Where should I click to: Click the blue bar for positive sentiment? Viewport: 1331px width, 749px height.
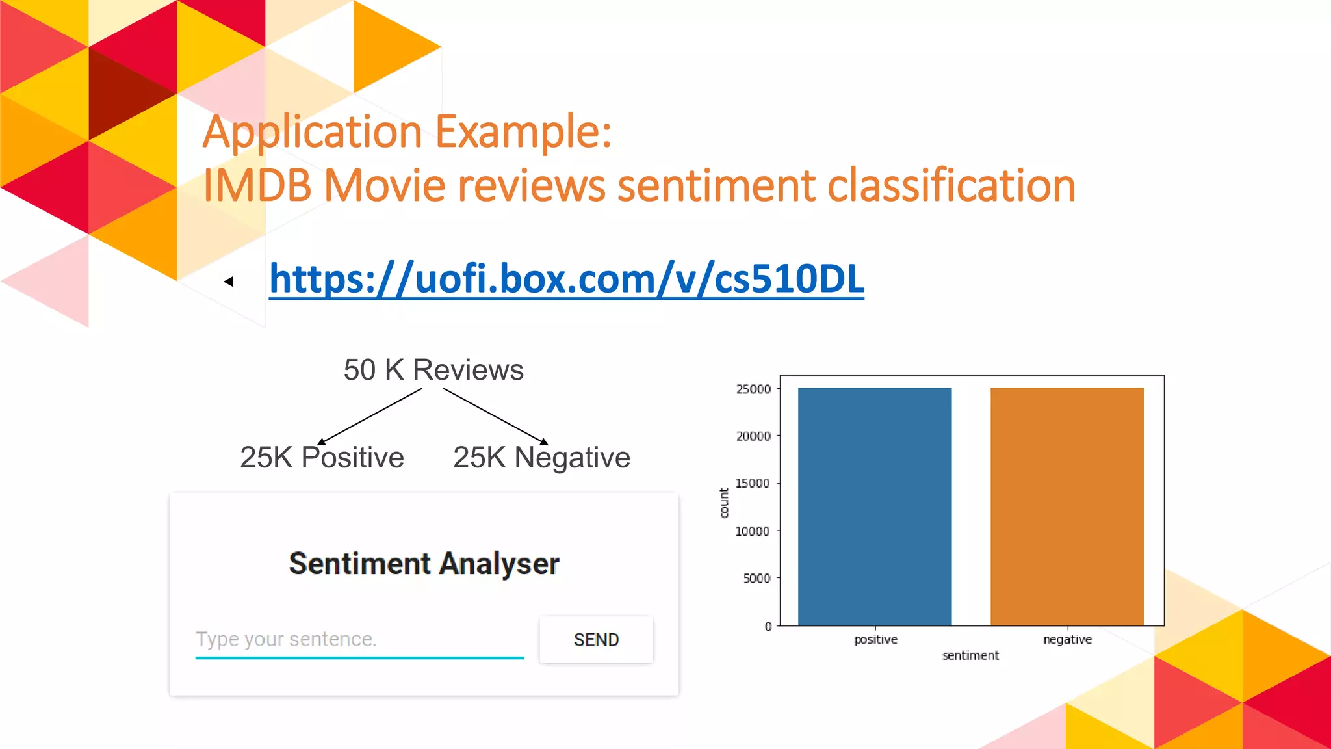pyautogui.click(x=875, y=506)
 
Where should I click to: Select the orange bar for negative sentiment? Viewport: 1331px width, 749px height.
pyautogui.click(x=1067, y=506)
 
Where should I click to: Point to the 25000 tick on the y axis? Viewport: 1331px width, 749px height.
pyautogui.click(x=754, y=389)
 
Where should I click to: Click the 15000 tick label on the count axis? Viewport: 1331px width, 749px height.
pyautogui.click(x=753, y=483)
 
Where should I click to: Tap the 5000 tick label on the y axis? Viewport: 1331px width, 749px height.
pyautogui.click(x=756, y=578)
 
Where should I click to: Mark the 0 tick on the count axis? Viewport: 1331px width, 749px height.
pyautogui.click(x=768, y=626)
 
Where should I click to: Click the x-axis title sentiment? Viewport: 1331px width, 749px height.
pyautogui.click(x=970, y=655)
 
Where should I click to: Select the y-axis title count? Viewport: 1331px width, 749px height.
pyautogui.click(x=724, y=503)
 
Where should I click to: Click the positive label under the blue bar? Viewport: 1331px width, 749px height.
pyautogui.click(x=875, y=639)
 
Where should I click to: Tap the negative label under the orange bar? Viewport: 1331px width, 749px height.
pyautogui.click(x=1067, y=639)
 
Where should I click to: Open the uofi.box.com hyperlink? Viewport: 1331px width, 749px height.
pyautogui.click(x=566, y=279)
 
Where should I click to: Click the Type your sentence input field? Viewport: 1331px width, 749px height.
pyautogui.click(x=359, y=639)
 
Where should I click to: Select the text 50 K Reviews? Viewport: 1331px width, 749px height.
pyautogui.click(x=433, y=370)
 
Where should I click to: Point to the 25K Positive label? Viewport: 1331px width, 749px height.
pyautogui.click(x=322, y=457)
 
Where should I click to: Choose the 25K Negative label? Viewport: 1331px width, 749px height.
pyautogui.click(x=541, y=457)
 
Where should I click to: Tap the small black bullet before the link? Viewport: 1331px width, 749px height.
pyautogui.click(x=229, y=282)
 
